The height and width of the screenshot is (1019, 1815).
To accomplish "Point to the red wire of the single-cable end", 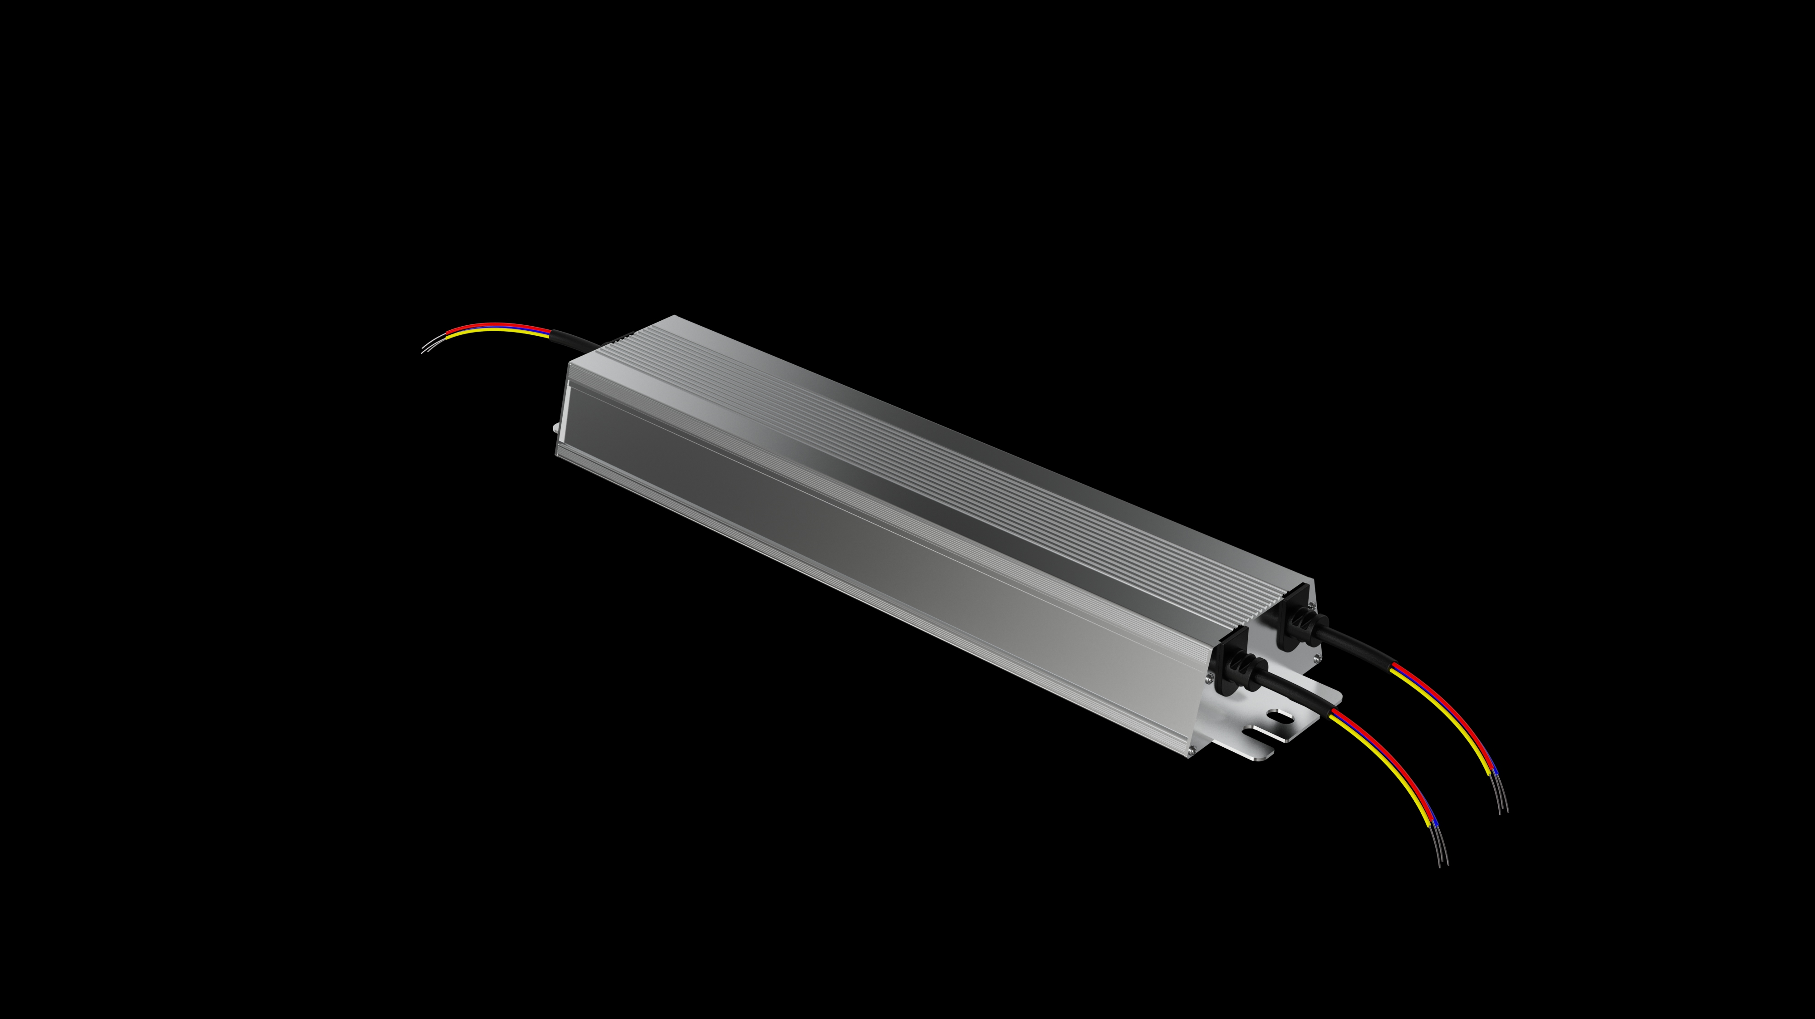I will pos(493,326).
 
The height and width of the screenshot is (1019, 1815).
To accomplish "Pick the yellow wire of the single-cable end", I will pos(493,331).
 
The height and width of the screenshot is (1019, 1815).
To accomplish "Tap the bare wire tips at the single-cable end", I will pos(431,344).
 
